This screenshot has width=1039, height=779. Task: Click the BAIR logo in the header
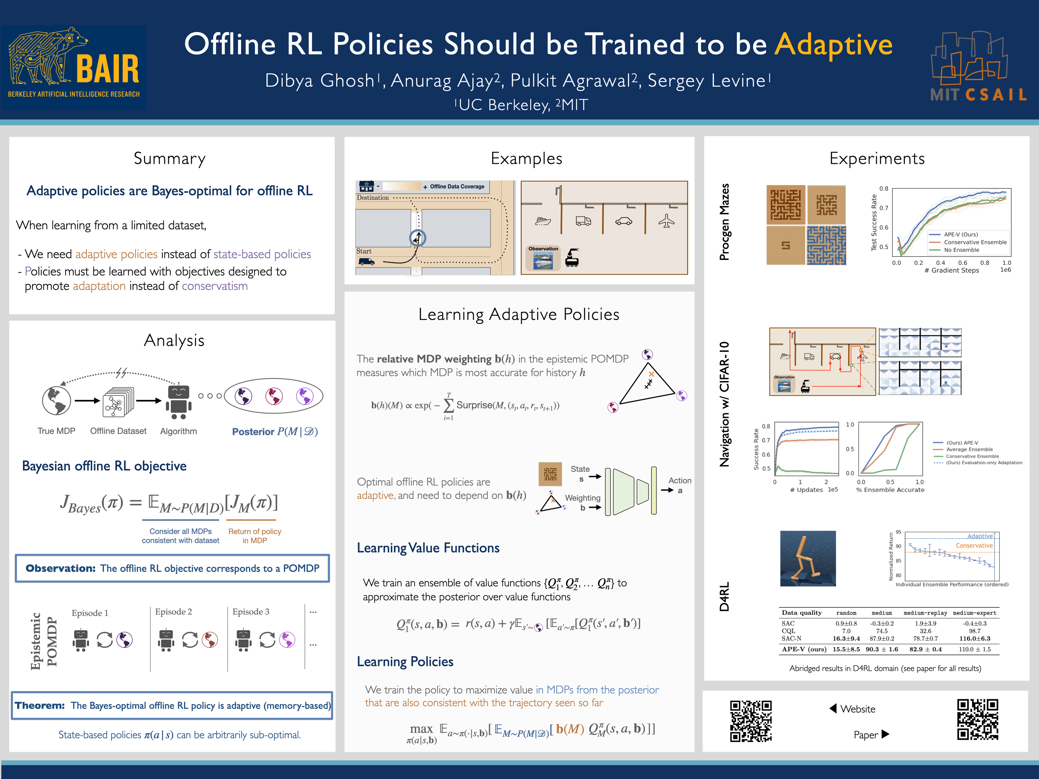74,67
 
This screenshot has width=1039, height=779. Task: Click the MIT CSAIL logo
978,67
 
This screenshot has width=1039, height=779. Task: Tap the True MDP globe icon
56,401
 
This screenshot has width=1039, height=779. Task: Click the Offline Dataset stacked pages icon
118,401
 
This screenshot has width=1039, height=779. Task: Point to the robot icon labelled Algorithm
179,401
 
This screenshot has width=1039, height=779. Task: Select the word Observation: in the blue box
61,568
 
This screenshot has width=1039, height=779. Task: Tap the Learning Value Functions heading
428,548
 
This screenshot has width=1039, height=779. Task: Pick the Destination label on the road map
373,198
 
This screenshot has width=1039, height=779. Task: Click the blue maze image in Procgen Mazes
826,245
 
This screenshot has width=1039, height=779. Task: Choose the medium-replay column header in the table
925,613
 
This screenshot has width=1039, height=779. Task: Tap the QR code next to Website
751,721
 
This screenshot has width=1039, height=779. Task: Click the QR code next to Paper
978,719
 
